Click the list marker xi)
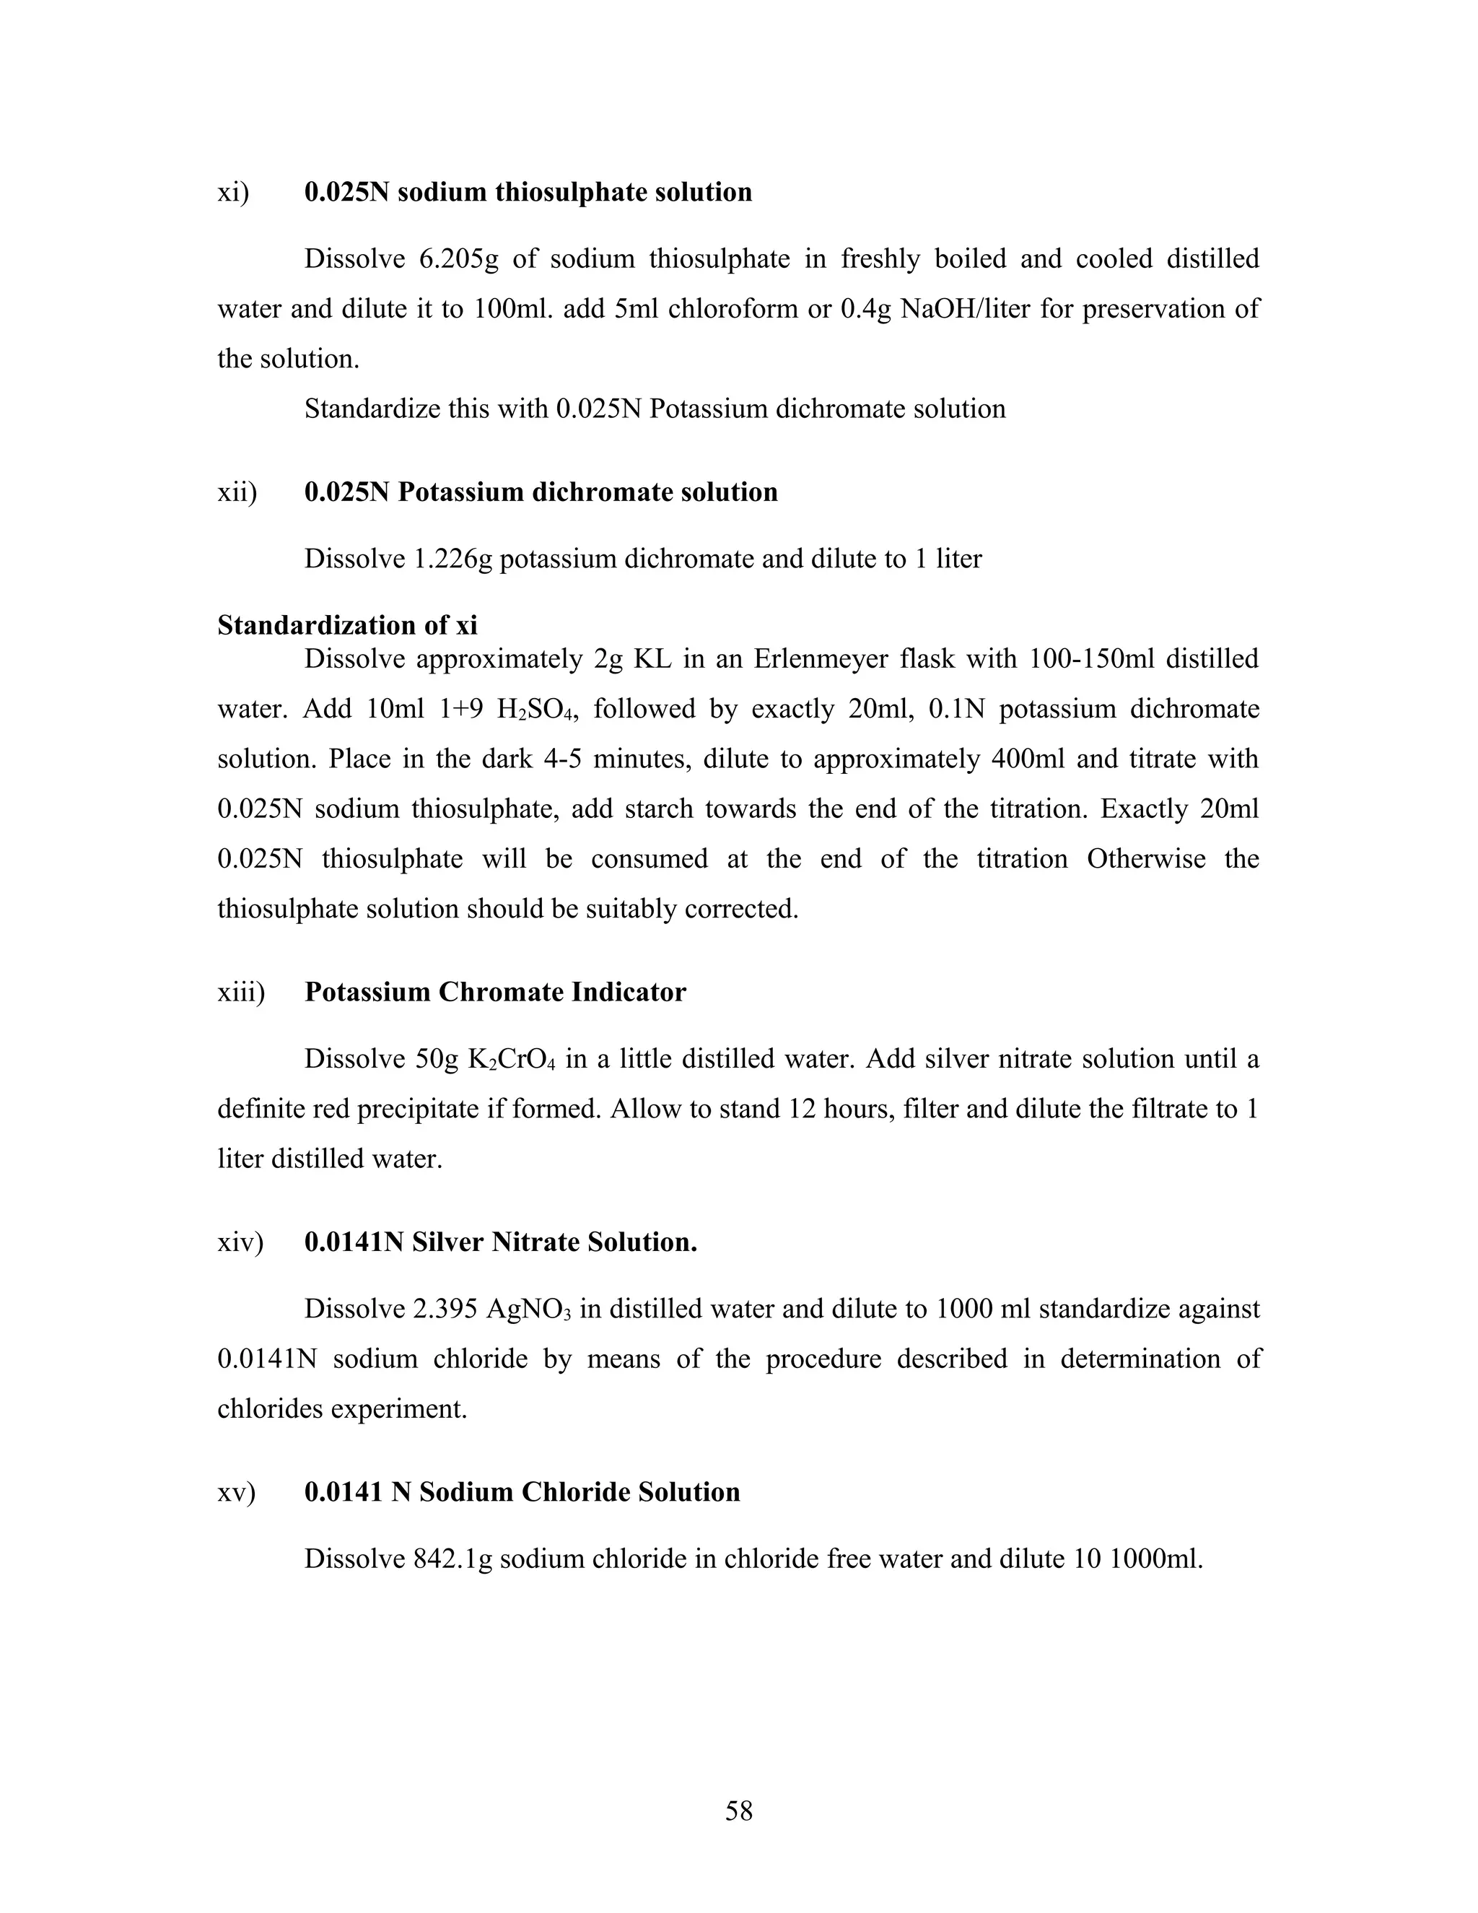233,192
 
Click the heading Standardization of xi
348,624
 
